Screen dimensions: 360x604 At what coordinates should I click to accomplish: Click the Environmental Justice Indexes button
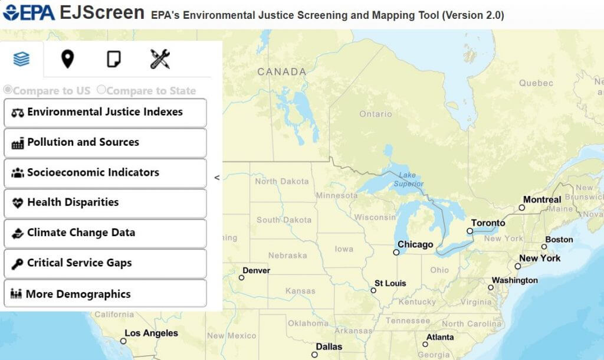click(x=105, y=112)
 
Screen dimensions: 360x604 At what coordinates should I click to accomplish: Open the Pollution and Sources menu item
click(x=105, y=142)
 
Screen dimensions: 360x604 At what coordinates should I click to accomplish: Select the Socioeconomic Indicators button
click(x=105, y=173)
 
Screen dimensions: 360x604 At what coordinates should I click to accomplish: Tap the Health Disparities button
click(x=105, y=202)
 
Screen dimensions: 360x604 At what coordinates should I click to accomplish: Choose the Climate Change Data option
click(x=105, y=233)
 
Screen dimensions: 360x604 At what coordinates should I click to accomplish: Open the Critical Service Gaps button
click(x=105, y=263)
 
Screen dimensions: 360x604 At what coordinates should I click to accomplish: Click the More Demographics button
click(x=105, y=294)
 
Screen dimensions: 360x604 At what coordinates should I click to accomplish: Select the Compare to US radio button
click(x=8, y=90)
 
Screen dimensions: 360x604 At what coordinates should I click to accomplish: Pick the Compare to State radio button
click(x=101, y=90)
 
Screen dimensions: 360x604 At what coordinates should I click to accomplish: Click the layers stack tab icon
click(x=21, y=59)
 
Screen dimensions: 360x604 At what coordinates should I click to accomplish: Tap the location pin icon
click(x=67, y=59)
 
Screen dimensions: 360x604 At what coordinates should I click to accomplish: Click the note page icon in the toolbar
click(x=114, y=59)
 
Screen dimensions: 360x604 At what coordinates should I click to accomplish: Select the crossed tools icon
click(x=160, y=59)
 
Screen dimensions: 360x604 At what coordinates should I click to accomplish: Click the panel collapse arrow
click(x=217, y=177)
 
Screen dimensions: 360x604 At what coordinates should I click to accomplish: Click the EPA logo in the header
click(x=29, y=13)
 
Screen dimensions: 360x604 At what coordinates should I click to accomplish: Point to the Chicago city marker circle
click(x=396, y=252)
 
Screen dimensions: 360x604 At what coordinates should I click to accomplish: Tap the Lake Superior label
click(x=408, y=179)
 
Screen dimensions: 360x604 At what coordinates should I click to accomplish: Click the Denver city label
click(x=257, y=270)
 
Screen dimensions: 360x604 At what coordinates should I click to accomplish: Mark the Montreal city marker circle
click(x=522, y=208)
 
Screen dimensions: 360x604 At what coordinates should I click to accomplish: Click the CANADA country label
click(x=281, y=72)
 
